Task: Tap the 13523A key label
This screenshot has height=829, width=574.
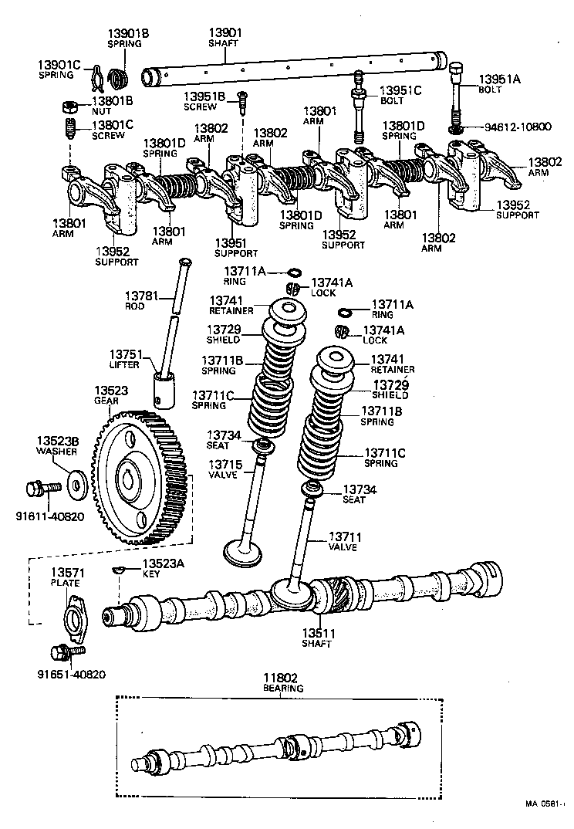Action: click(x=164, y=563)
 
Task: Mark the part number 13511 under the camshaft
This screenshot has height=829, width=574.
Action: click(x=316, y=633)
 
